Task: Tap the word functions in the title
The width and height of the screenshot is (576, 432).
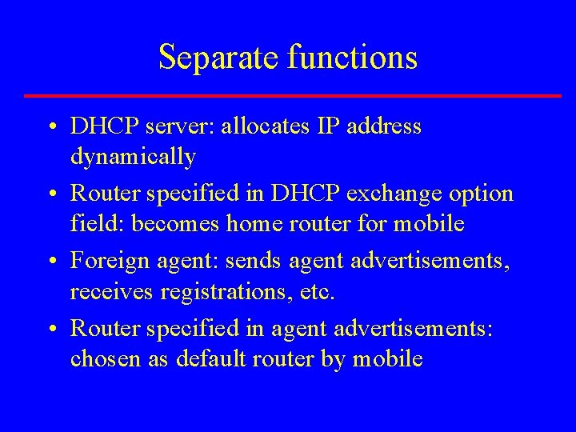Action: [352, 58]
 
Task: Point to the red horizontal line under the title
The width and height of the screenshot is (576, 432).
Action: [293, 96]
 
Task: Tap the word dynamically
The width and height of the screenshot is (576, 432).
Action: [133, 157]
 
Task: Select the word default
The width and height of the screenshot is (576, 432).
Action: [209, 359]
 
